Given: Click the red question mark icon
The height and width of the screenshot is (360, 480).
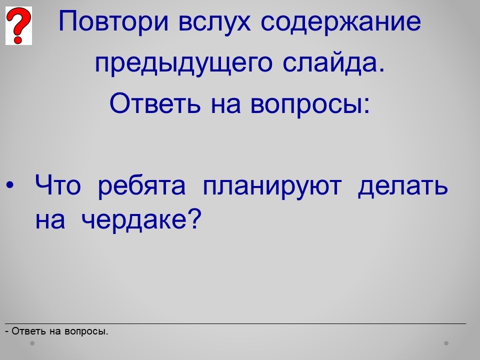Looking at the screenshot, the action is pyautogui.click(x=18, y=25).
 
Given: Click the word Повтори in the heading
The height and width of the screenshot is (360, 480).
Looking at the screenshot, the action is pyautogui.click(x=113, y=22).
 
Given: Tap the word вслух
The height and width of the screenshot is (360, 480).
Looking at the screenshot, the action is pyautogui.click(x=214, y=22).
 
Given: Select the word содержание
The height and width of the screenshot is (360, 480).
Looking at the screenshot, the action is pyautogui.click(x=340, y=22).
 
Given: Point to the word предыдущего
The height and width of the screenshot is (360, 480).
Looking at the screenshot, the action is pyautogui.click(x=183, y=63).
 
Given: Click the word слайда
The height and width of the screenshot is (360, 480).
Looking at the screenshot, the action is pyautogui.click(x=333, y=63).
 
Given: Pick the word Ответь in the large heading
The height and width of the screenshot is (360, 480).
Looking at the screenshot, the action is pyautogui.click(x=155, y=103).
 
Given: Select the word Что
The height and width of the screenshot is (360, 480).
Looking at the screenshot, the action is pyautogui.click(x=58, y=184).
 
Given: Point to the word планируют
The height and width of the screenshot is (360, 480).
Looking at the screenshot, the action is pyautogui.click(x=272, y=186).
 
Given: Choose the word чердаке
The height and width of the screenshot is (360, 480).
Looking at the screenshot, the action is pyautogui.click(x=134, y=220).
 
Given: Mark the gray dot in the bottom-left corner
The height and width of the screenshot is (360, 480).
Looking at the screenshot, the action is pyautogui.click(x=32, y=343).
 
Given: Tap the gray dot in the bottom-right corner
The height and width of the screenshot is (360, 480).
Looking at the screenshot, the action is pyautogui.click(x=446, y=343).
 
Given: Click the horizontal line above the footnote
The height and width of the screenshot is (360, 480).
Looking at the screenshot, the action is pyautogui.click(x=235, y=323).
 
